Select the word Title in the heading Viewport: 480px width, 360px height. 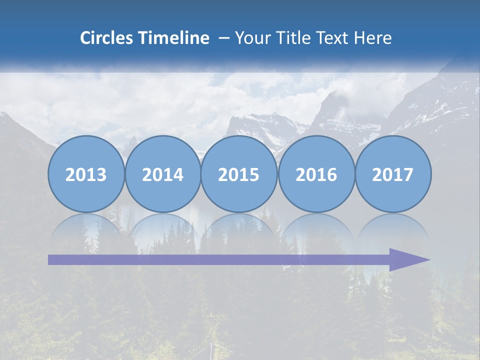pos(293,38)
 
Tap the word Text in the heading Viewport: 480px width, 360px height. pos(333,38)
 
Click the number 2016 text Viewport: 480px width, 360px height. pos(316,175)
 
